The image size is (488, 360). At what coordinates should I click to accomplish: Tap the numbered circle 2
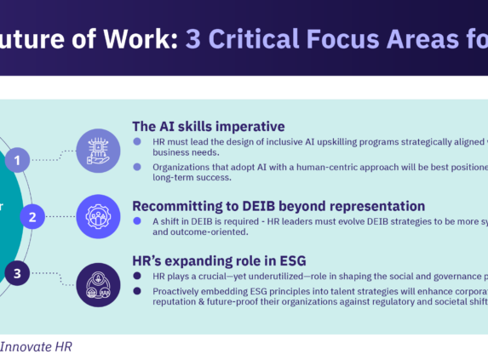[32, 217]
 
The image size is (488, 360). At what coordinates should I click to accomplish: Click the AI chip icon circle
[98, 151]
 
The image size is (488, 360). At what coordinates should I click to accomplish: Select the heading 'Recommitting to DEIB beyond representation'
[278, 205]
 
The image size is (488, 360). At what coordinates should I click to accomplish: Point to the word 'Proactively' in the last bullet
[170, 289]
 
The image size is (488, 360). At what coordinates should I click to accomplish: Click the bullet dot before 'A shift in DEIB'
[136, 220]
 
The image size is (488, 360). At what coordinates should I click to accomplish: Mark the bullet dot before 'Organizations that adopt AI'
[136, 167]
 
